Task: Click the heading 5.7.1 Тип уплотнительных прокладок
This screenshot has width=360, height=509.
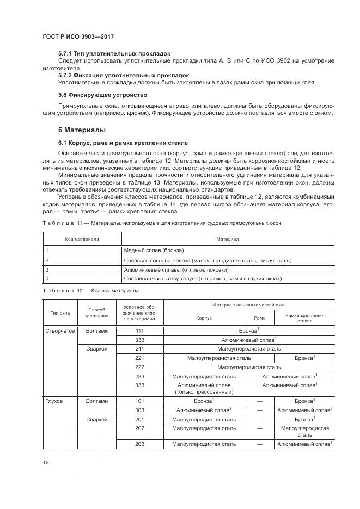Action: pyautogui.click(x=114, y=53)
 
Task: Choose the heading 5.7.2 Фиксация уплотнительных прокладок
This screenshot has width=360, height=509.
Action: pyautogui.click(x=123, y=75)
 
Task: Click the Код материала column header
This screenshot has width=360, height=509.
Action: pyautogui.click(x=82, y=239)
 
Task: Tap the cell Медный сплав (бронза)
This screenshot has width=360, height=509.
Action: pyautogui.click(x=154, y=250)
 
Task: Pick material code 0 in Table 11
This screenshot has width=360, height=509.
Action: pyautogui.click(x=47, y=278)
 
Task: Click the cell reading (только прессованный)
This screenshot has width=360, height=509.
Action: pyautogui.click(x=204, y=391)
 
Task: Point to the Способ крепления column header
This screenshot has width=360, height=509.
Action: pyautogui.click(x=97, y=312)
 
